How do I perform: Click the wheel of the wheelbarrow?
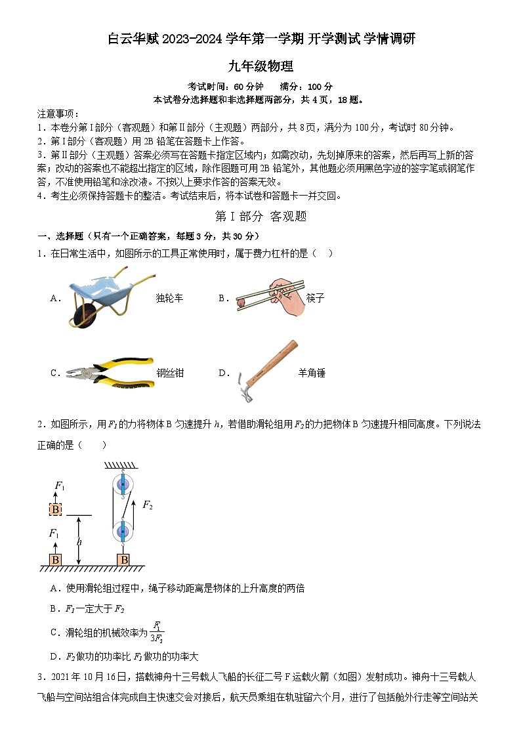click(x=83, y=316)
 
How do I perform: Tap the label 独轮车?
click(x=169, y=298)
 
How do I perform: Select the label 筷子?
click(x=315, y=298)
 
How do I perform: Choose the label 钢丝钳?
click(x=170, y=373)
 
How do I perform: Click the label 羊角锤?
click(x=312, y=373)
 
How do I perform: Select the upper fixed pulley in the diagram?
click(x=122, y=486)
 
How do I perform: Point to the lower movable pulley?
click(x=122, y=529)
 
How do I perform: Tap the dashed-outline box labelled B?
click(x=56, y=509)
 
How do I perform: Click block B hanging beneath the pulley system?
click(x=123, y=559)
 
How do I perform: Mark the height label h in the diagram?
click(x=79, y=541)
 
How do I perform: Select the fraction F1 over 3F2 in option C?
click(x=157, y=631)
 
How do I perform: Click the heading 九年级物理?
click(x=260, y=66)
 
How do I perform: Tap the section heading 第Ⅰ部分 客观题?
click(x=260, y=216)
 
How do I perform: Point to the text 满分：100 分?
click(x=306, y=87)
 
